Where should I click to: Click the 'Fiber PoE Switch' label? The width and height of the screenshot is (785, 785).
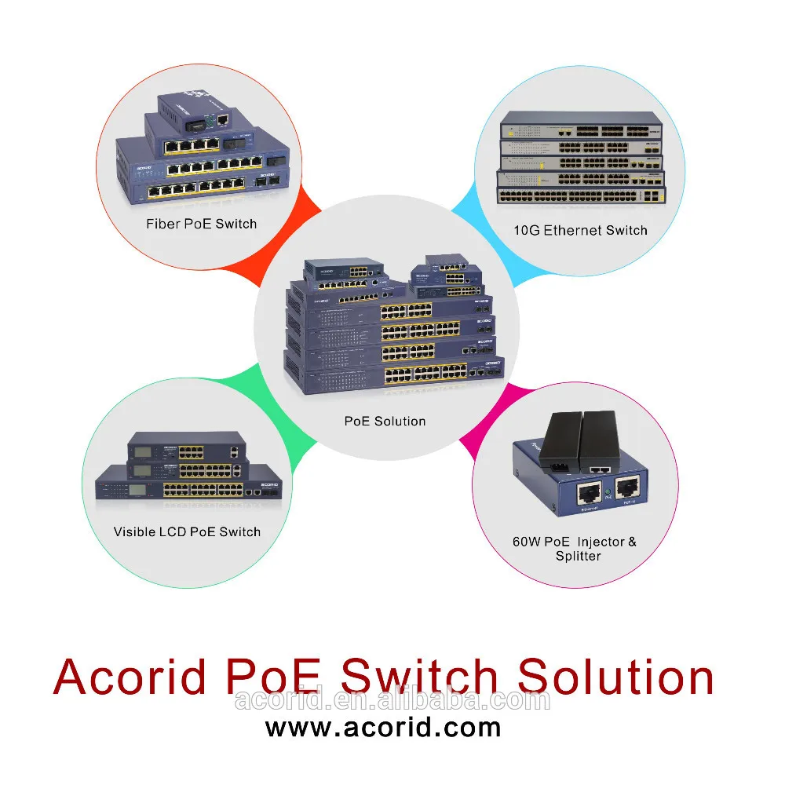[x=201, y=224]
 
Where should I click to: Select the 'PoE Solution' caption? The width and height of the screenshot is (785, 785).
[x=385, y=421]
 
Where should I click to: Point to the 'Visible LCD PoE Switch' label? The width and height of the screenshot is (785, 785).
[x=187, y=531]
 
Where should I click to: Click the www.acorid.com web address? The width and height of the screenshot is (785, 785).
[x=383, y=726]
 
